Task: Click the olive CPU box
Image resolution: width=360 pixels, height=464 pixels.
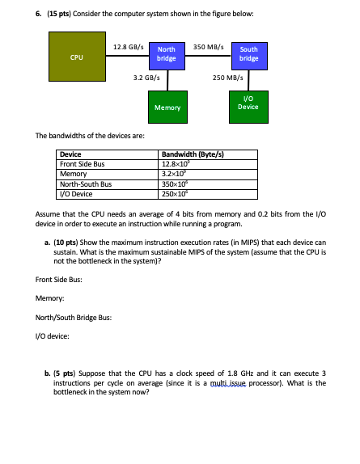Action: (77, 58)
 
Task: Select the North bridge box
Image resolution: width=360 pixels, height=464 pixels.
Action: (167, 53)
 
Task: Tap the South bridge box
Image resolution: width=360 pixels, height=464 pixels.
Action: (249, 53)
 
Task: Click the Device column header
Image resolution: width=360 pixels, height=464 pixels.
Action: (71, 154)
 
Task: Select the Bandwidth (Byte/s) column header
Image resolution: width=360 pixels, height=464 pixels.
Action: (193, 154)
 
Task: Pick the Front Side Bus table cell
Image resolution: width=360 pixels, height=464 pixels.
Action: (84, 164)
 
